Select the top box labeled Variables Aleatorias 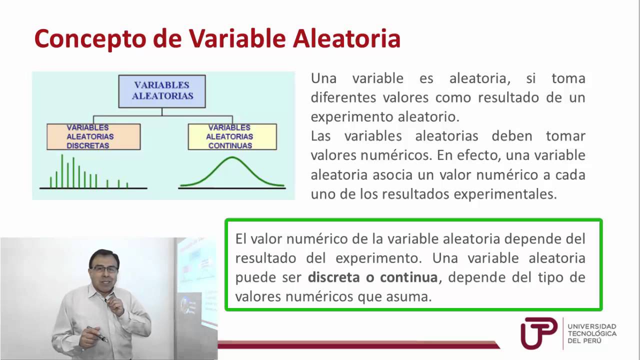tap(162, 91)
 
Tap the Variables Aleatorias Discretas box tap(93, 136)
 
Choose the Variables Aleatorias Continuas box tap(232, 136)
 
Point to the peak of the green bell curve tap(232, 158)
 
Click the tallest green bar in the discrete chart tap(62, 170)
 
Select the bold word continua tap(408, 277)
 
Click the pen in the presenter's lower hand tap(97, 333)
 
